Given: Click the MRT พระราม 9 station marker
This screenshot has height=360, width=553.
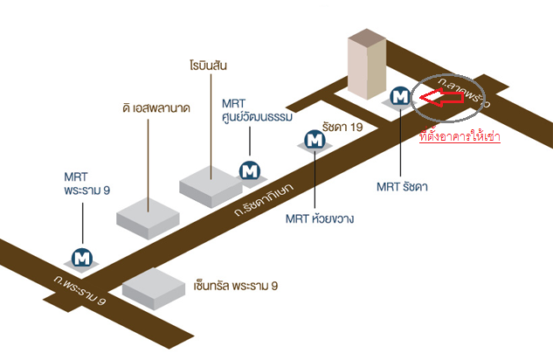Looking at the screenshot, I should [x=83, y=258].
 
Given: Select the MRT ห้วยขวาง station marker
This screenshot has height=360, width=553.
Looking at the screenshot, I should [x=314, y=139].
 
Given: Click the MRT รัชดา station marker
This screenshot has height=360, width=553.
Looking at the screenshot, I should [x=400, y=97].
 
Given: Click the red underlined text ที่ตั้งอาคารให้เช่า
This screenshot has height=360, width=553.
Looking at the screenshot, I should [x=460, y=136].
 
